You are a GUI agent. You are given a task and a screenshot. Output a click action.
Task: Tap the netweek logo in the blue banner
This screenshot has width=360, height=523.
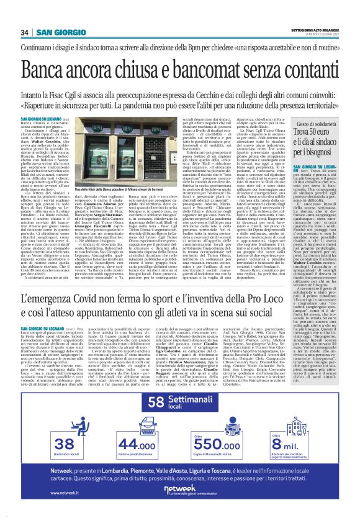pos(179,489)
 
